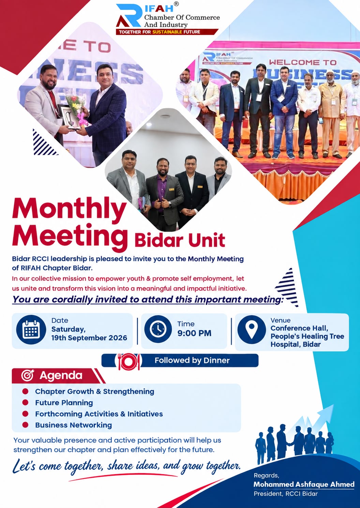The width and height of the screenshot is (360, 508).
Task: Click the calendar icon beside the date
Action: (31, 330)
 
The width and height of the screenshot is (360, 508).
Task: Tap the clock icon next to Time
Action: (158, 329)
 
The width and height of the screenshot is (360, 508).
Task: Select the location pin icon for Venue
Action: (252, 329)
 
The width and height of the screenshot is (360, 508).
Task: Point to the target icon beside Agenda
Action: (28, 375)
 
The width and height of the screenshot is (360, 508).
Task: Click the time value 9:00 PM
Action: (194, 333)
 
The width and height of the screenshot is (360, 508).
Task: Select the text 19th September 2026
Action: (89, 338)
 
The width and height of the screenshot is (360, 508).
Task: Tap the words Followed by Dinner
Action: (192, 360)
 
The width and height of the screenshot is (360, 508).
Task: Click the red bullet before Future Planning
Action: (25, 403)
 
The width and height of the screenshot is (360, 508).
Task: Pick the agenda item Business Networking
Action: (73, 425)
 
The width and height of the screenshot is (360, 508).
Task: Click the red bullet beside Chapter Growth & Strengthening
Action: (25, 391)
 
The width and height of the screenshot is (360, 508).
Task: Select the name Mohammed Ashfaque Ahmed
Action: (304, 484)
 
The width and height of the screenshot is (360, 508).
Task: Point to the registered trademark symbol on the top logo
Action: (176, 4)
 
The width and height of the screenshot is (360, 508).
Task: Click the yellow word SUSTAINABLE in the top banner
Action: (167, 32)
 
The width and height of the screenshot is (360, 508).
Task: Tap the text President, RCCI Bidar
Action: (286, 494)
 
